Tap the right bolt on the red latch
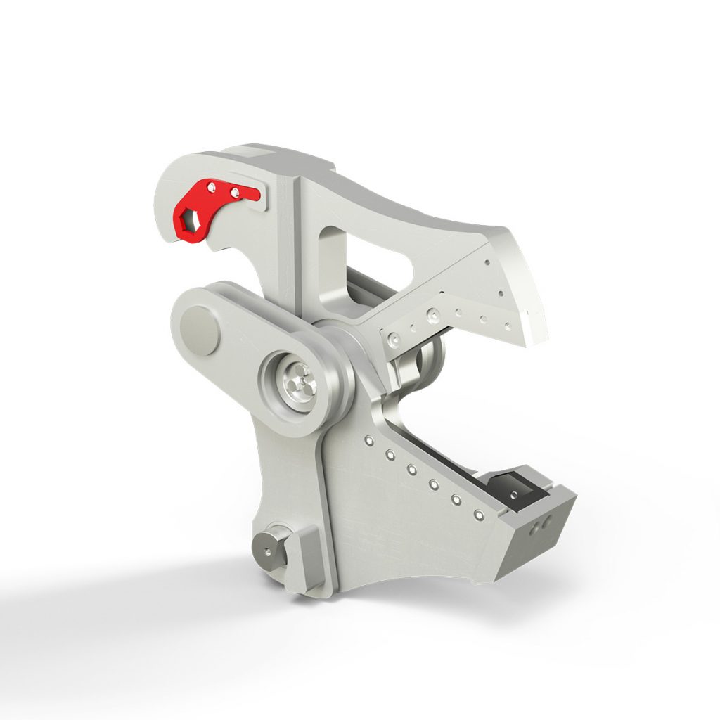click(235, 192)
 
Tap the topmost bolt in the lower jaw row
click(367, 441)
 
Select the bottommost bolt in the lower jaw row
click(479, 516)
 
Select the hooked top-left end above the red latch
click(169, 176)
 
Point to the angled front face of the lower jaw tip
click(538, 534)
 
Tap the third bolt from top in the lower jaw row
click(412, 469)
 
